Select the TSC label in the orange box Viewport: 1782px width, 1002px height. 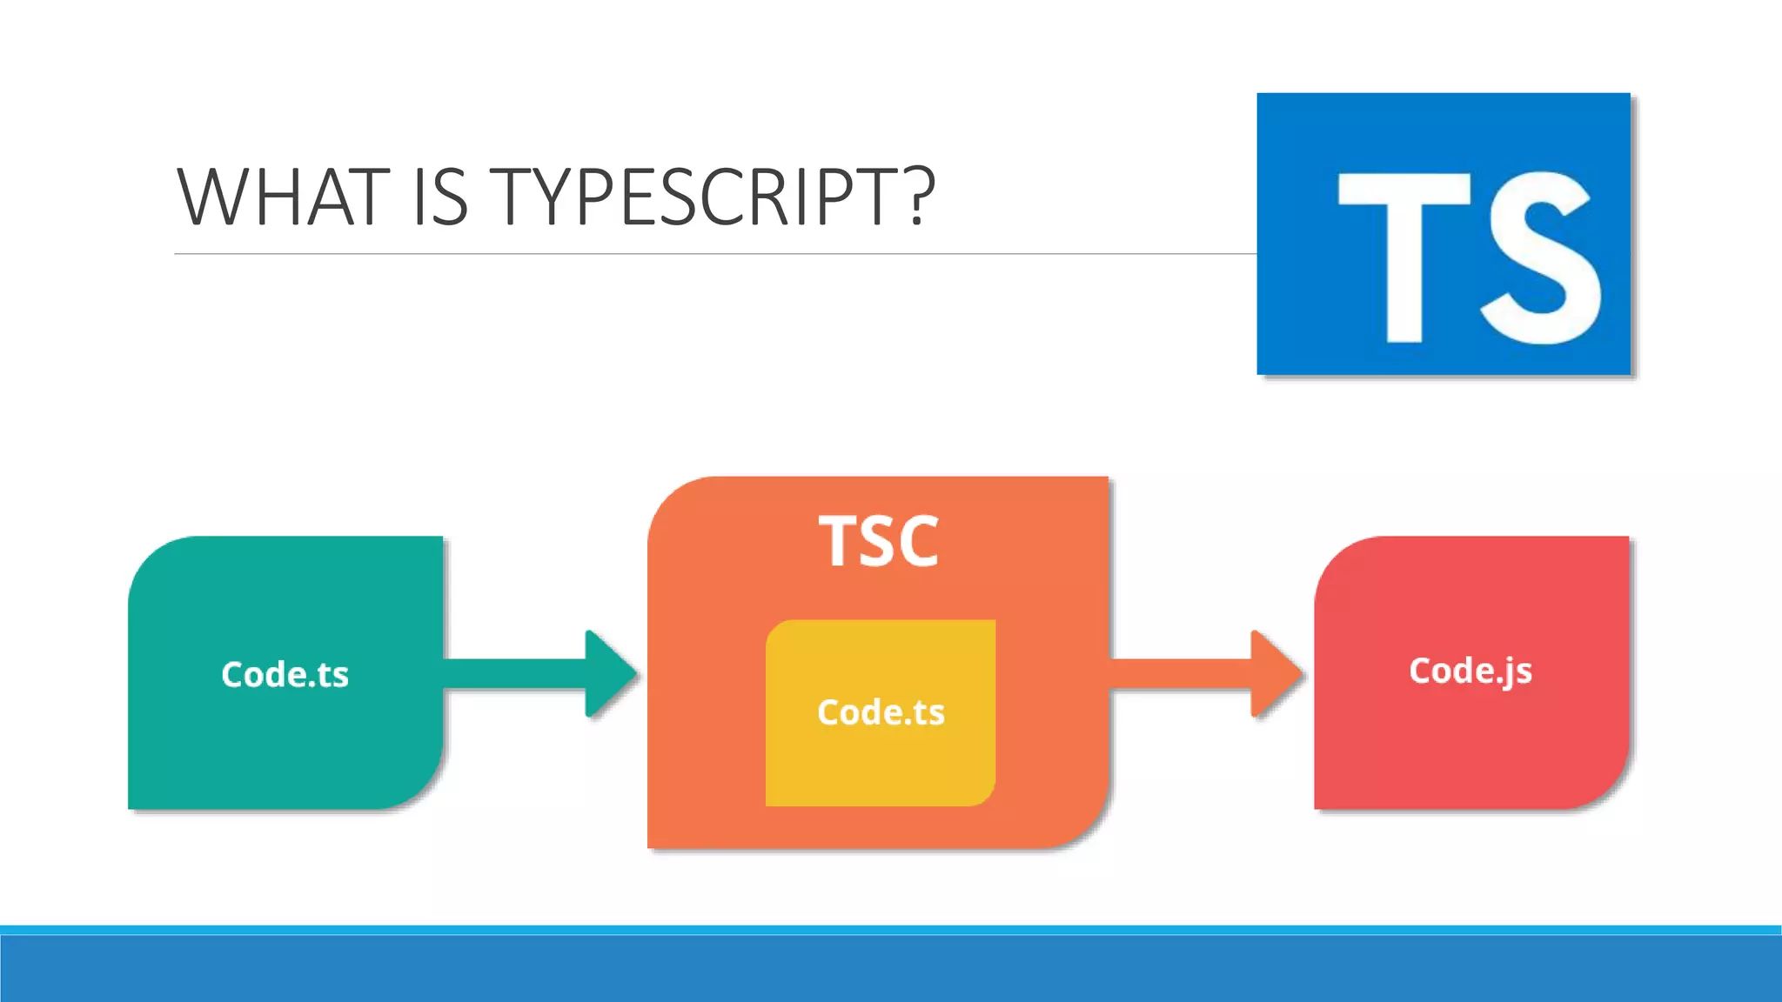pos(879,542)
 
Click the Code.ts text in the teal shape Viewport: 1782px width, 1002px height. pos(285,675)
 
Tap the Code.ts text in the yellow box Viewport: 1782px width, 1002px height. pos(881,712)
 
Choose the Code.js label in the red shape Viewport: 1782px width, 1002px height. pos(1470,671)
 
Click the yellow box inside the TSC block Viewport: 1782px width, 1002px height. pos(881,765)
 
